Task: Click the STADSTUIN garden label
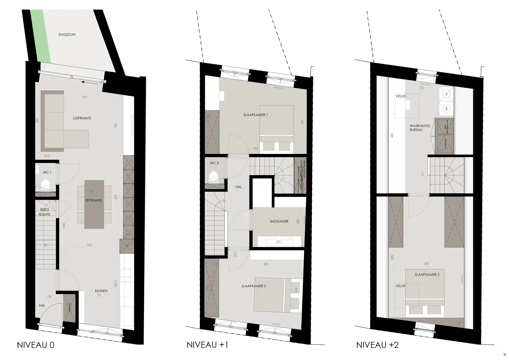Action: coord(67,35)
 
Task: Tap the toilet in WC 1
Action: coord(45,184)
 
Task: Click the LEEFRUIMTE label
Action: coord(82,118)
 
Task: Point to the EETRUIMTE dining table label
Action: coord(94,200)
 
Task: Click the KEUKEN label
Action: coord(101,291)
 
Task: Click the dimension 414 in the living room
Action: coord(85,97)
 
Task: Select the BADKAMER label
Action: coord(279,221)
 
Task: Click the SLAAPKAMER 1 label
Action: coord(255,115)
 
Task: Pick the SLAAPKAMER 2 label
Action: coord(253,286)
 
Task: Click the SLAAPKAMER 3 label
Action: coord(427,274)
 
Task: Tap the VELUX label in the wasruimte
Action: coord(400,96)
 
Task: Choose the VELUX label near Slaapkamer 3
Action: coord(400,286)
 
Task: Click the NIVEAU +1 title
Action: coord(207,345)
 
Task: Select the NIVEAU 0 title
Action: coord(36,345)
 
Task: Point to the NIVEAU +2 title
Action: coord(377,345)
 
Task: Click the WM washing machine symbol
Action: coord(446,109)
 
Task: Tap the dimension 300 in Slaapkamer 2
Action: coord(266,264)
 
